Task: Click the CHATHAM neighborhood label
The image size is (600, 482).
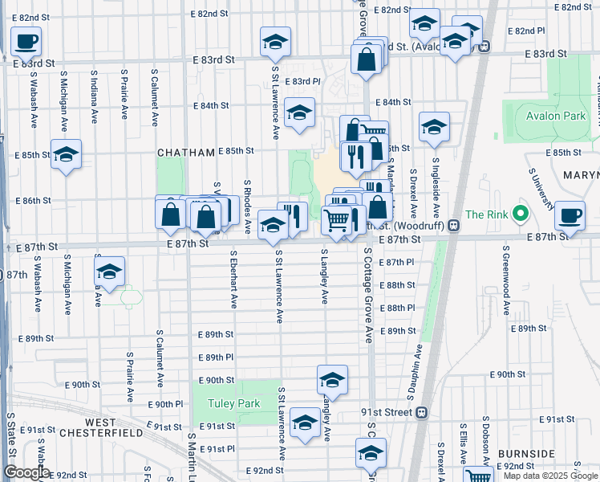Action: click(185, 152)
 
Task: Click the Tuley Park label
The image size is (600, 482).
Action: click(233, 403)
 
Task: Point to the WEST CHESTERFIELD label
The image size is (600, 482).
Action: click(113, 427)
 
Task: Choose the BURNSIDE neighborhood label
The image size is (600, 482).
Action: click(526, 454)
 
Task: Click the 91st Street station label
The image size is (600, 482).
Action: click(386, 412)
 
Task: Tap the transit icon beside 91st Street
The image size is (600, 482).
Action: click(422, 413)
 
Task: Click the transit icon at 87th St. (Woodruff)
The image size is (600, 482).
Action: click(454, 227)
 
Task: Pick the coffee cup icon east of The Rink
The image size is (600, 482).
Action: click(570, 214)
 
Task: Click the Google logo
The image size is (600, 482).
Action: click(26, 472)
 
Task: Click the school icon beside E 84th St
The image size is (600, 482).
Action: click(299, 113)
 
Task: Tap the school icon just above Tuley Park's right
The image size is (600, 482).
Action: click(332, 380)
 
